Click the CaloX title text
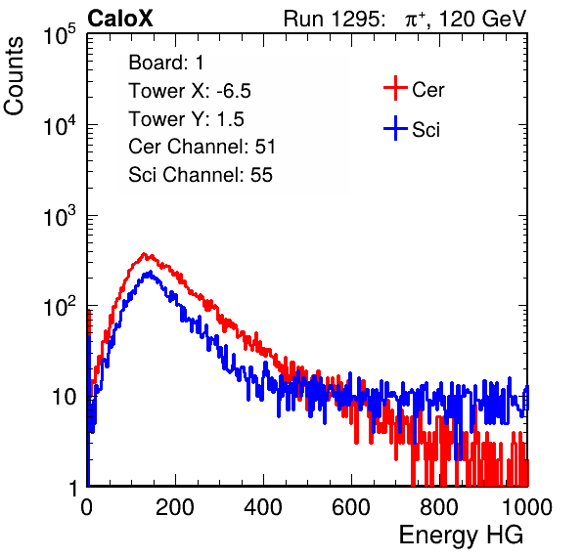pos(119,19)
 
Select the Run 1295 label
pos(334,19)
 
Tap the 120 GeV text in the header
pos(482,19)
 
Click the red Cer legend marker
pos(395,88)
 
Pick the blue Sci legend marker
pos(395,129)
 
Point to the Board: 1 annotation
pos(166,63)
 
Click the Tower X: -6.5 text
pos(190,91)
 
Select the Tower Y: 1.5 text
pos(186,119)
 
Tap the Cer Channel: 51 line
pos(202,147)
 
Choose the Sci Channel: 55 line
pos(201,175)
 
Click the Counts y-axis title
pos(14,76)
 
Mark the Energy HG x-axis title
pos(461,536)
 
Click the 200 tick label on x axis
pos(175,507)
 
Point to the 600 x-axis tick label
pos(351,507)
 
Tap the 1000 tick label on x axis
pos(527,507)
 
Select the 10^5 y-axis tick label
pos(60,34)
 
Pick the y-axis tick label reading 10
pos(64,397)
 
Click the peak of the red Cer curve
pos(144,254)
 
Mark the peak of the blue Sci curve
pos(150,273)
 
